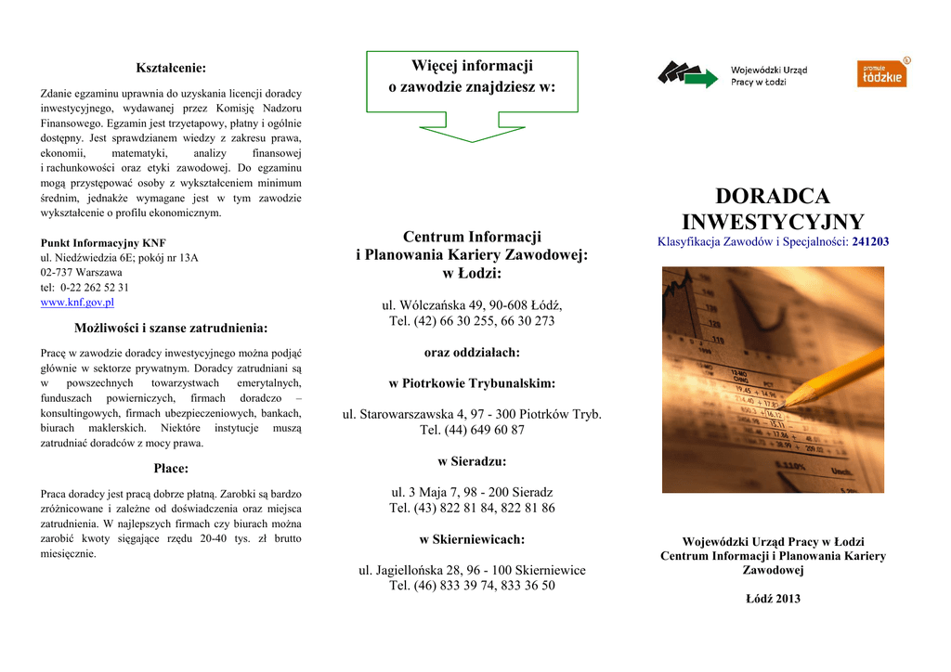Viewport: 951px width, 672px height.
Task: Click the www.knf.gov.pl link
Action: pyautogui.click(x=77, y=303)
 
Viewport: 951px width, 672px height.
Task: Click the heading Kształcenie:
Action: pyautogui.click(x=171, y=68)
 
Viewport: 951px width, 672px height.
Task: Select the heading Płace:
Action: pyautogui.click(x=171, y=468)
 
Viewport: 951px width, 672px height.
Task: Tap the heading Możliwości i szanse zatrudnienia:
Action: pyautogui.click(x=171, y=328)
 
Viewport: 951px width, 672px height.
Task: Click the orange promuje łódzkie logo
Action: pyautogui.click(x=881, y=73)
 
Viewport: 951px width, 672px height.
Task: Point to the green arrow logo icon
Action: pyautogui.click(x=687, y=74)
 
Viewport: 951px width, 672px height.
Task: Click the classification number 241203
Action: pyautogui.click(x=870, y=241)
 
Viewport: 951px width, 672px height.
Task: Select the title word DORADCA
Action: pyautogui.click(x=773, y=197)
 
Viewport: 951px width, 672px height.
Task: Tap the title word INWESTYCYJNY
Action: pyautogui.click(x=773, y=222)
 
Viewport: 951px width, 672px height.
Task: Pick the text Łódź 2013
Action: pyautogui.click(x=773, y=599)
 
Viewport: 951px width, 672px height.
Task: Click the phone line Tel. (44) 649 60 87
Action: pyautogui.click(x=472, y=430)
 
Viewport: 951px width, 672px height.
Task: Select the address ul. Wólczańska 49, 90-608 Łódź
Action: pyautogui.click(x=472, y=304)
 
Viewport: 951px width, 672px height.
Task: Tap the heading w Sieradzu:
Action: pyautogui.click(x=472, y=461)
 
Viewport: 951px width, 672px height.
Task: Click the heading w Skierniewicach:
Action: pyautogui.click(x=472, y=539)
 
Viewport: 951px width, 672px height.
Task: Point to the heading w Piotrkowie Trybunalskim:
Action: pyautogui.click(x=472, y=383)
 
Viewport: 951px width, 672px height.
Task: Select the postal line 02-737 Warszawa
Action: pyautogui.click(x=82, y=273)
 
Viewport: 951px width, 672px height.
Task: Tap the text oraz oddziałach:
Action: pyautogui.click(x=472, y=353)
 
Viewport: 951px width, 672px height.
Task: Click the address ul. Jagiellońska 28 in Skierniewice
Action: pyautogui.click(x=472, y=570)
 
